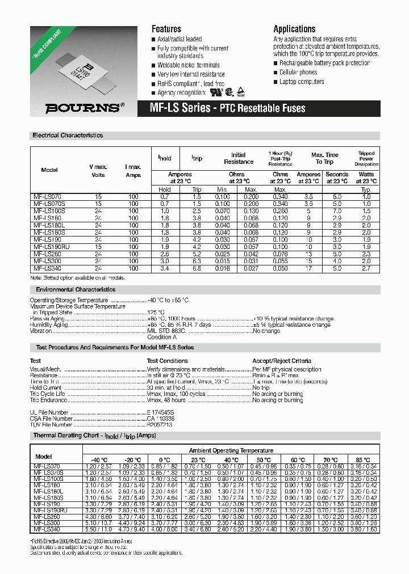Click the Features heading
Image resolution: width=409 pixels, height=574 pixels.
point(166,29)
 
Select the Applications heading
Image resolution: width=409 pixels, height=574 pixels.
point(294,29)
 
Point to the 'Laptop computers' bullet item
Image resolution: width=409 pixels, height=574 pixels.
point(302,82)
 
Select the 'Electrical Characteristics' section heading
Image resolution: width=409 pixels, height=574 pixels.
point(68,136)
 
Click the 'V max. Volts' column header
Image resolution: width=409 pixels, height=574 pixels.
point(98,171)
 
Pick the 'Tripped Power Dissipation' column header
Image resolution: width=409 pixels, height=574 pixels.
point(366,159)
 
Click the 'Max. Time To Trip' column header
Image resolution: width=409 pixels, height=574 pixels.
point(324,158)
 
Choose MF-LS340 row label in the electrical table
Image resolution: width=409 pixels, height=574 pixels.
point(45,268)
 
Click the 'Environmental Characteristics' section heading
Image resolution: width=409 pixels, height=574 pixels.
point(72,289)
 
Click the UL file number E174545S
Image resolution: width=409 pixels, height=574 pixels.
point(162,413)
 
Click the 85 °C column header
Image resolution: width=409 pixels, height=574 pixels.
point(362,460)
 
